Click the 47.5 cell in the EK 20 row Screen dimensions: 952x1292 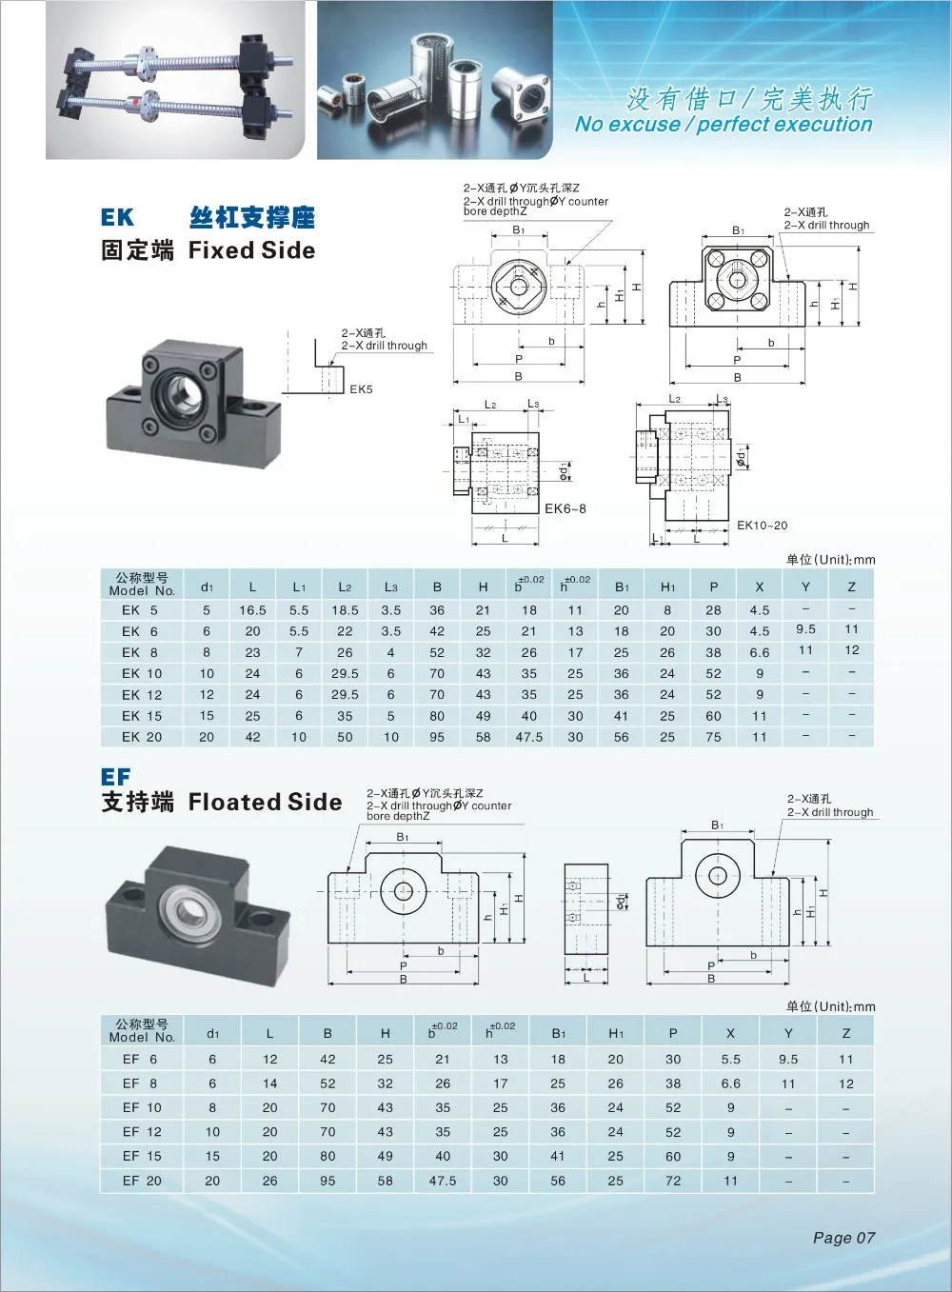[x=528, y=737]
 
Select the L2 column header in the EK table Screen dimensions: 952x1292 [x=345, y=587]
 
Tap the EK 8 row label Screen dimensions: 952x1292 [x=140, y=652]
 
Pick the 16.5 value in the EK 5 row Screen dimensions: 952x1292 [x=252, y=610]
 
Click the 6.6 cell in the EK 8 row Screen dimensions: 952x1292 [x=760, y=652]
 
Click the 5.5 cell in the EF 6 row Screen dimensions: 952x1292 [x=730, y=1059]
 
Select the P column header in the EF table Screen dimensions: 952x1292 [x=673, y=1033]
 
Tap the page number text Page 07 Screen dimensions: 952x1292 [x=843, y=1237]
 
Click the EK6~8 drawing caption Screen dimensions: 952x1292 [x=565, y=508]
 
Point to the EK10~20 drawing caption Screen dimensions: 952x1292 [x=762, y=525]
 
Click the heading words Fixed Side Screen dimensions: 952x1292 [x=252, y=249]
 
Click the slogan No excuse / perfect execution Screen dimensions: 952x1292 [x=724, y=124]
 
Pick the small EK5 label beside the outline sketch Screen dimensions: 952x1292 [x=361, y=388]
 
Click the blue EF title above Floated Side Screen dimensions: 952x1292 [x=115, y=776]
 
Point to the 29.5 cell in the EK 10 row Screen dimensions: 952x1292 [x=345, y=673]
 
